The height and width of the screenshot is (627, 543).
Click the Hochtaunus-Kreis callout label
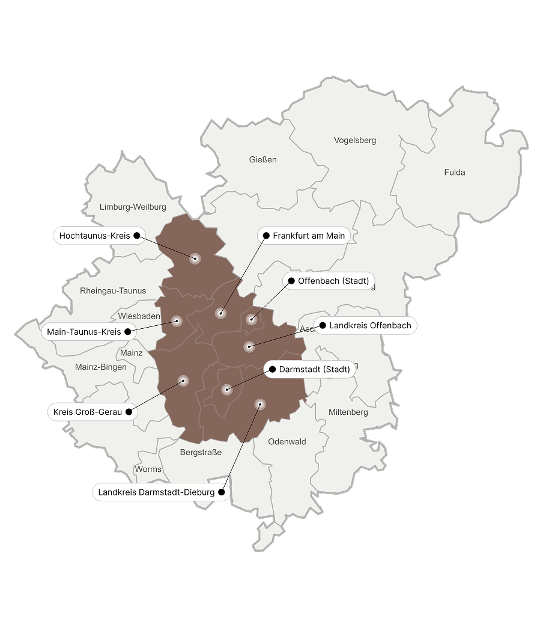click(x=95, y=236)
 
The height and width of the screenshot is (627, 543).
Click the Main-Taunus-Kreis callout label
click(x=84, y=331)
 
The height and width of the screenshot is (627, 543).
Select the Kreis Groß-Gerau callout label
click(x=88, y=412)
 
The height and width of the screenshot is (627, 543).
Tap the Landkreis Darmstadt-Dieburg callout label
click(x=156, y=492)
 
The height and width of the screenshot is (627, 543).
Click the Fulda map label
click(x=455, y=173)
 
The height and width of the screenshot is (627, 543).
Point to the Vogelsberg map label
click(x=355, y=141)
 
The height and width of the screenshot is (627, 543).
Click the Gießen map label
click(x=263, y=160)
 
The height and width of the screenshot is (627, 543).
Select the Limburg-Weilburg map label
click(x=133, y=207)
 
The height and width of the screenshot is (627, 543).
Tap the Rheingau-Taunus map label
click(x=113, y=291)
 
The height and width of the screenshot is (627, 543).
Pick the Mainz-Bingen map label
click(x=101, y=367)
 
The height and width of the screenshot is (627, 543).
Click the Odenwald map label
click(x=287, y=442)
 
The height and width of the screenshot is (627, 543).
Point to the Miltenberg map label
click(x=348, y=412)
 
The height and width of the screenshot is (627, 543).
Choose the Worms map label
click(x=148, y=469)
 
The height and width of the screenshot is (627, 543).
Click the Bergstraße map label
click(x=201, y=453)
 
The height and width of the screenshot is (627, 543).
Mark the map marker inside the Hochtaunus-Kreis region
click(x=195, y=258)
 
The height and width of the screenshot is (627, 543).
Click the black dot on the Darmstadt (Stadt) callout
click(x=273, y=369)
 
